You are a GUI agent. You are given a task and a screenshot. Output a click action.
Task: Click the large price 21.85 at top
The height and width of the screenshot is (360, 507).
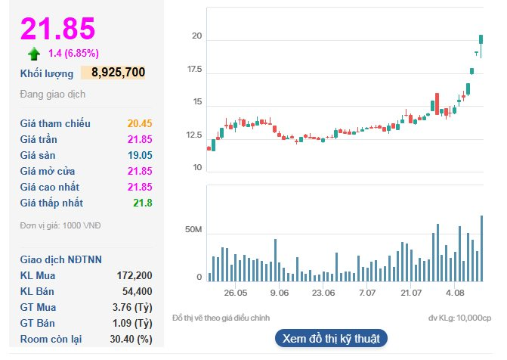pyautogui.click(x=58, y=28)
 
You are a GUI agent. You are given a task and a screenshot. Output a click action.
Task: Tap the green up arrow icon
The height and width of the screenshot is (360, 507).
pyautogui.click(x=34, y=54)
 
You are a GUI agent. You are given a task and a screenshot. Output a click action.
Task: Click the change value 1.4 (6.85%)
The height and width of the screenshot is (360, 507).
pyautogui.click(x=73, y=53)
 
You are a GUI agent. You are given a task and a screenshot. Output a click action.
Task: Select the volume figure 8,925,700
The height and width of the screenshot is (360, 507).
pyautogui.click(x=118, y=73)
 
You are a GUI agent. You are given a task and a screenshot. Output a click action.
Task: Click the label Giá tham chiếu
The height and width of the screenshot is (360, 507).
pyautogui.click(x=55, y=123)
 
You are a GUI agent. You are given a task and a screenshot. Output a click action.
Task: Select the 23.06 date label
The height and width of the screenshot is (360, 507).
pyautogui.click(x=323, y=292)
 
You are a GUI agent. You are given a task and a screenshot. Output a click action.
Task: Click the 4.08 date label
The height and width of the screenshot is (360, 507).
pyautogui.click(x=455, y=292)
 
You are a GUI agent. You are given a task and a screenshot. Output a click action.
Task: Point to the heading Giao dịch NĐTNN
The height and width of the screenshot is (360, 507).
pyautogui.click(x=61, y=259)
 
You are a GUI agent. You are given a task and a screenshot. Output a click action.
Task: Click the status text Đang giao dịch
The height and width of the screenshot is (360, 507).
pyautogui.click(x=53, y=95)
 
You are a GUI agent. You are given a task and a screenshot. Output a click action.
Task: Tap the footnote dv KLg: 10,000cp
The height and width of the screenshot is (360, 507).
pyautogui.click(x=459, y=318)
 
